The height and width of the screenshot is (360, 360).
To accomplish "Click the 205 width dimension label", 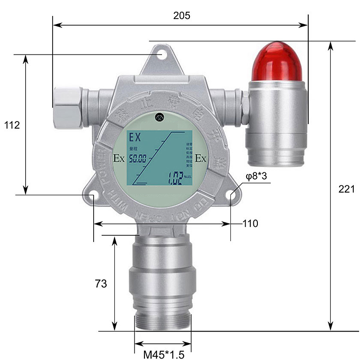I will point(182,15).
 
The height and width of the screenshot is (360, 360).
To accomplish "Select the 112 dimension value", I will point(12,125).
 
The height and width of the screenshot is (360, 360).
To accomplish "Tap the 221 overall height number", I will point(346,189).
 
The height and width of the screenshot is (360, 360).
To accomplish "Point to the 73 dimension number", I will point(101,283).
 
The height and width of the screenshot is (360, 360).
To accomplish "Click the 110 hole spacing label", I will point(250,223).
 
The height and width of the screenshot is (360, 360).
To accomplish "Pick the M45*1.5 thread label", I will point(164,355).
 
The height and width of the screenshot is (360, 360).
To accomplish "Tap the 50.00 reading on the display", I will point(139,158).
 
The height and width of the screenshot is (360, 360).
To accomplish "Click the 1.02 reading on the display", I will point(175,176).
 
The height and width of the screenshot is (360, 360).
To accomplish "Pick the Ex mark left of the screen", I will point(119,158).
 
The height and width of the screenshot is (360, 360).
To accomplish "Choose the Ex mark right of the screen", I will point(201,158).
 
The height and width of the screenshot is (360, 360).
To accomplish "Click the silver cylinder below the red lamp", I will point(276,121).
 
